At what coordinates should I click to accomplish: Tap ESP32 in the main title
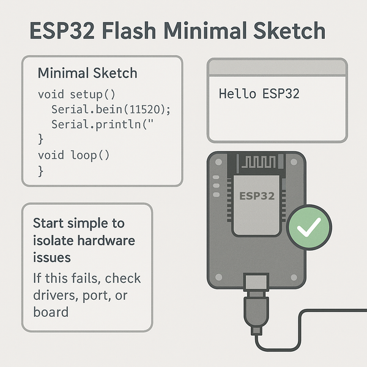(x=62, y=31)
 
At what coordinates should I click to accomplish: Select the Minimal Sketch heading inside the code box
(x=87, y=73)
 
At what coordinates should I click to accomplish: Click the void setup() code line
(x=76, y=95)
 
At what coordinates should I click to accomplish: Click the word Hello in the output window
(x=236, y=94)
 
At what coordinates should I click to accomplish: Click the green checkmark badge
(x=309, y=228)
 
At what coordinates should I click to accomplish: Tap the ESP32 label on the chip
(x=257, y=197)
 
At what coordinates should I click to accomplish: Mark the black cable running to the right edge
(x=330, y=313)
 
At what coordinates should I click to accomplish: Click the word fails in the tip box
(x=84, y=279)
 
